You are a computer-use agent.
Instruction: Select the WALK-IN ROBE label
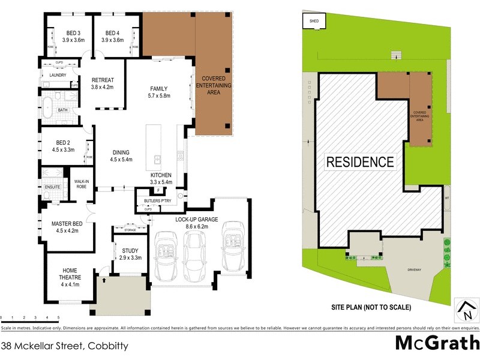(82, 184)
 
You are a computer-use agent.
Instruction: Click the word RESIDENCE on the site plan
(360, 162)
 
